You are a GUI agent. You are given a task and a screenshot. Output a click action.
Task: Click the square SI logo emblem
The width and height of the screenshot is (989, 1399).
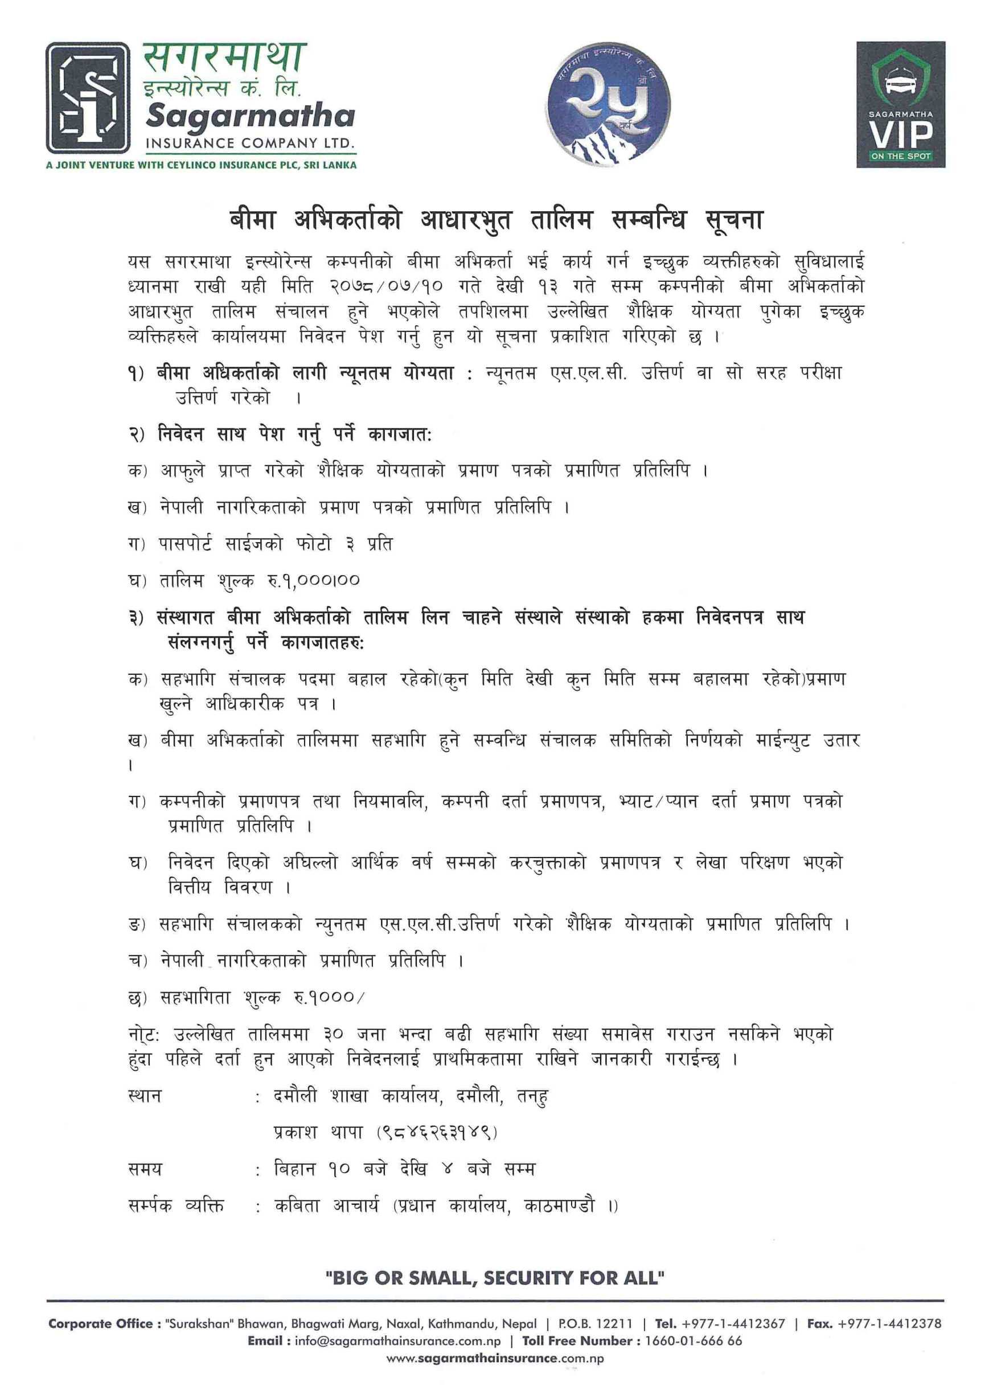[x=88, y=97]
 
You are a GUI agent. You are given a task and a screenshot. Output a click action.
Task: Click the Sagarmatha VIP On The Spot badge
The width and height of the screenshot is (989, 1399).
[x=900, y=104]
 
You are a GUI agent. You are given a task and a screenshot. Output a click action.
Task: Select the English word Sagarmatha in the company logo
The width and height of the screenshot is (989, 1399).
[x=250, y=116]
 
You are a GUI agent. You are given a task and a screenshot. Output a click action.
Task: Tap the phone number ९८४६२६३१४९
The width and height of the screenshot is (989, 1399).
[x=437, y=1132]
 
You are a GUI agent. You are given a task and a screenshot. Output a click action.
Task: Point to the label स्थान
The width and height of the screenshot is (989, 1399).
[x=145, y=1096]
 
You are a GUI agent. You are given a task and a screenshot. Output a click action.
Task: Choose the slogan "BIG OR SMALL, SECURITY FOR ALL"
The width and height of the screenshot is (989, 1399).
[x=495, y=1278]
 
